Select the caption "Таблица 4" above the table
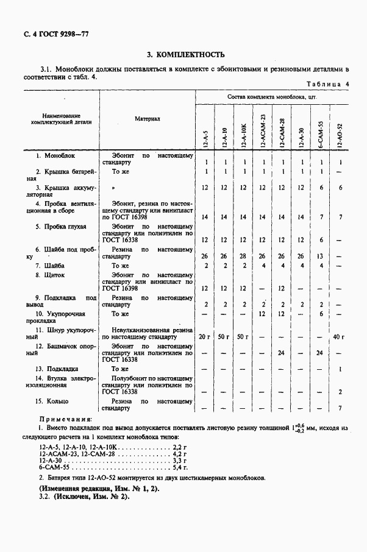click(327, 83)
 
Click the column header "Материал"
click(147, 119)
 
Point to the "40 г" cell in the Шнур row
click(340, 337)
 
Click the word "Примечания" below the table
click(65, 420)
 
